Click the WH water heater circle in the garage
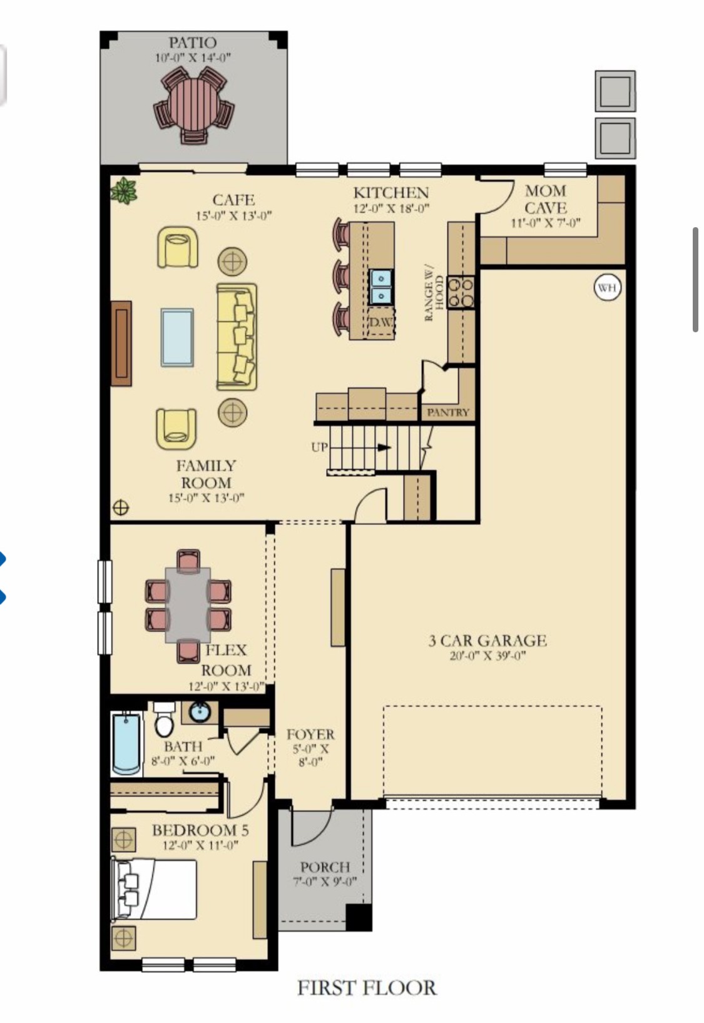tap(606, 288)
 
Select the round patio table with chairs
tap(194, 105)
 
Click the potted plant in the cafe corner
tap(125, 191)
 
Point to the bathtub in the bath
tap(126, 743)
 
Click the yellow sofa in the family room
tap(237, 337)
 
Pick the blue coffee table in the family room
tap(177, 337)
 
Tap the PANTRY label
tap(447, 412)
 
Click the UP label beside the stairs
tap(319, 447)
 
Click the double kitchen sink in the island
tap(380, 287)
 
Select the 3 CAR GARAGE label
tap(487, 641)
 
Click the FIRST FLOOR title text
tap(367, 988)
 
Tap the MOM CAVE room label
tap(546, 199)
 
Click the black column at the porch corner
tap(359, 917)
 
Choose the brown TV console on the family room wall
tap(121, 343)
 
